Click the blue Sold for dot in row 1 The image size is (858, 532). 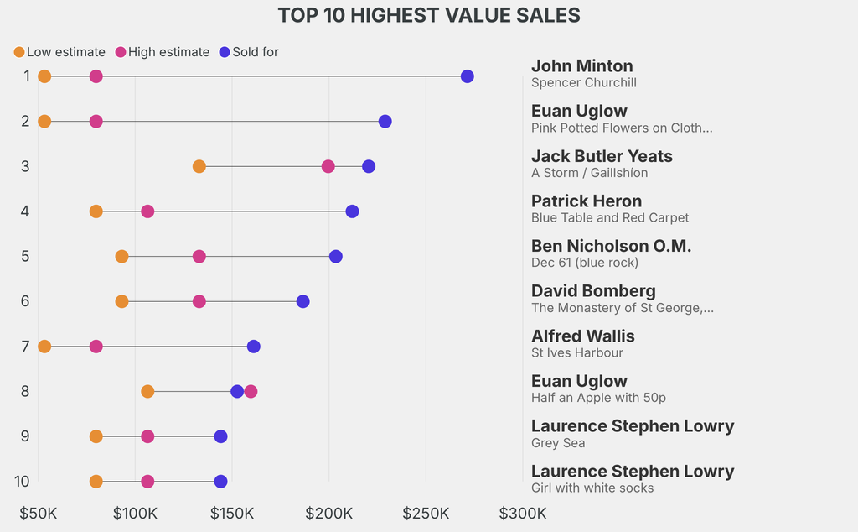468,76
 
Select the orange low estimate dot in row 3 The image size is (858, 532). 199,166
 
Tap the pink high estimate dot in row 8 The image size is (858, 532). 251,391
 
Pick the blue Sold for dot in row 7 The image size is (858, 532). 254,347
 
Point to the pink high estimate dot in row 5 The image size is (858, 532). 199,256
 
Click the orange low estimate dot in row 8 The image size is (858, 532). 147,391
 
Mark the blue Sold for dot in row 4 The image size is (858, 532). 352,211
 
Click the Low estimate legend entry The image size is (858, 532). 59,52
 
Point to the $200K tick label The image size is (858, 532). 329,513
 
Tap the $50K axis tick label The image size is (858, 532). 39,513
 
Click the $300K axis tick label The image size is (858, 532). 523,513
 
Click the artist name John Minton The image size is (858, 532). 581,66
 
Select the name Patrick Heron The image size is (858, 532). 586,201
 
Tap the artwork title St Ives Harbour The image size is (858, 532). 576,352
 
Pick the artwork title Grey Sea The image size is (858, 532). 558,443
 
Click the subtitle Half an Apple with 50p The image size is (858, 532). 598,398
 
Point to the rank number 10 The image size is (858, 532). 23,481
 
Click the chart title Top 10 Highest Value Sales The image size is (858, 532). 429,15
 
